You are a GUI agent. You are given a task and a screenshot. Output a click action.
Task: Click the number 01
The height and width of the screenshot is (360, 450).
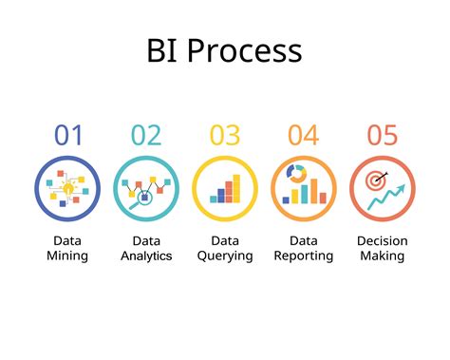pyautogui.click(x=68, y=135)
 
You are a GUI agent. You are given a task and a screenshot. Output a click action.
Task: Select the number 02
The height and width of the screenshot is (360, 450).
pyautogui.click(x=146, y=135)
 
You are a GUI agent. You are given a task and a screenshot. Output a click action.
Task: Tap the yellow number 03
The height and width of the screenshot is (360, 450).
pyautogui.click(x=225, y=135)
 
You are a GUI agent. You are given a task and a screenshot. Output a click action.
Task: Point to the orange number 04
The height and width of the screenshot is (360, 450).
pyautogui.click(x=304, y=135)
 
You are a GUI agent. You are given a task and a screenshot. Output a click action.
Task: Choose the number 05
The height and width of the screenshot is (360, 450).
pyautogui.click(x=382, y=135)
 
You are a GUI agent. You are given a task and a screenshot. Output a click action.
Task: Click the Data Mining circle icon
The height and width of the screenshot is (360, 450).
pyautogui.click(x=68, y=189)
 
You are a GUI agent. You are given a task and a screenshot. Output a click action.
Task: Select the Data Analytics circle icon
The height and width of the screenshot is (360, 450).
pyautogui.click(x=146, y=189)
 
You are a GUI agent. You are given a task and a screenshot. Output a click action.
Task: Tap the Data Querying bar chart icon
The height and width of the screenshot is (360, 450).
pyautogui.click(x=225, y=189)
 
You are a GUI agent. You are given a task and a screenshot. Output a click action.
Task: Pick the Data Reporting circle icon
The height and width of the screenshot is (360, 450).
pyautogui.click(x=304, y=189)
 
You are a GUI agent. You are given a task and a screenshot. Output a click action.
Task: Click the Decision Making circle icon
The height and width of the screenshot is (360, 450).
pyautogui.click(x=382, y=189)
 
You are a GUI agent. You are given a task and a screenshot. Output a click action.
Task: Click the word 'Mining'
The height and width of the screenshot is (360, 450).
pyautogui.click(x=68, y=256)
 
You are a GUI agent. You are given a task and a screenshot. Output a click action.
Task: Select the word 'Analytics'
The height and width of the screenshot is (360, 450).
pyautogui.click(x=146, y=256)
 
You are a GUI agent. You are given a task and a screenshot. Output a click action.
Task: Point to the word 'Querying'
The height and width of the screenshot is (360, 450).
pyautogui.click(x=225, y=256)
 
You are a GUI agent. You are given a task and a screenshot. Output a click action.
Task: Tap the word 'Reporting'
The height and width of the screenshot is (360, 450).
pyautogui.click(x=304, y=256)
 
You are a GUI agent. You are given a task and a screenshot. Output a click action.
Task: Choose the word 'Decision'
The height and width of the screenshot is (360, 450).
pyautogui.click(x=382, y=240)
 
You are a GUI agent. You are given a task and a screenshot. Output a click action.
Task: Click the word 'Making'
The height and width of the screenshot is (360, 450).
pyautogui.click(x=382, y=256)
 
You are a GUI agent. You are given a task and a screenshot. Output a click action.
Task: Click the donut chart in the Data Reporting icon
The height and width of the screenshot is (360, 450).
pyautogui.click(x=295, y=174)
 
